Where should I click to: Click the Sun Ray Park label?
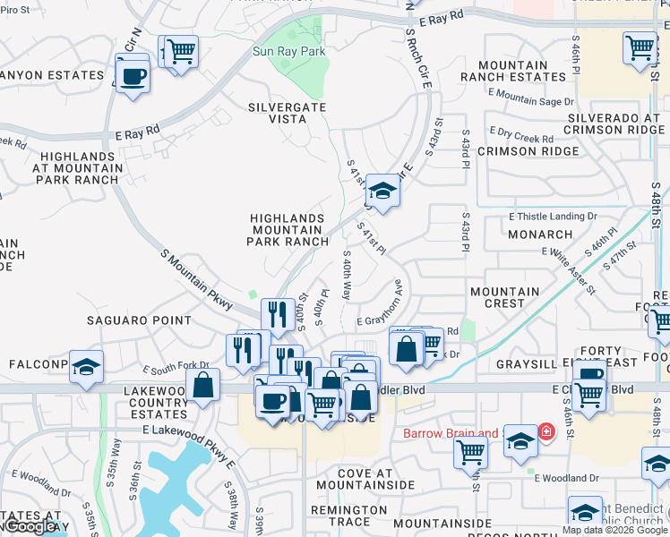288,52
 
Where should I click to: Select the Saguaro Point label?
139,320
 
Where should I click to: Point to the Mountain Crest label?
504,297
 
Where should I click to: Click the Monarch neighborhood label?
539,234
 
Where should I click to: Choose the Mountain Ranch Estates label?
513,71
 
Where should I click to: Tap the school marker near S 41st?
382,191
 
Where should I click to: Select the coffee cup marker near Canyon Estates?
133,76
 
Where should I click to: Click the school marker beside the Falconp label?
86,367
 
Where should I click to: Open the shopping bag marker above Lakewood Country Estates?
203,386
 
